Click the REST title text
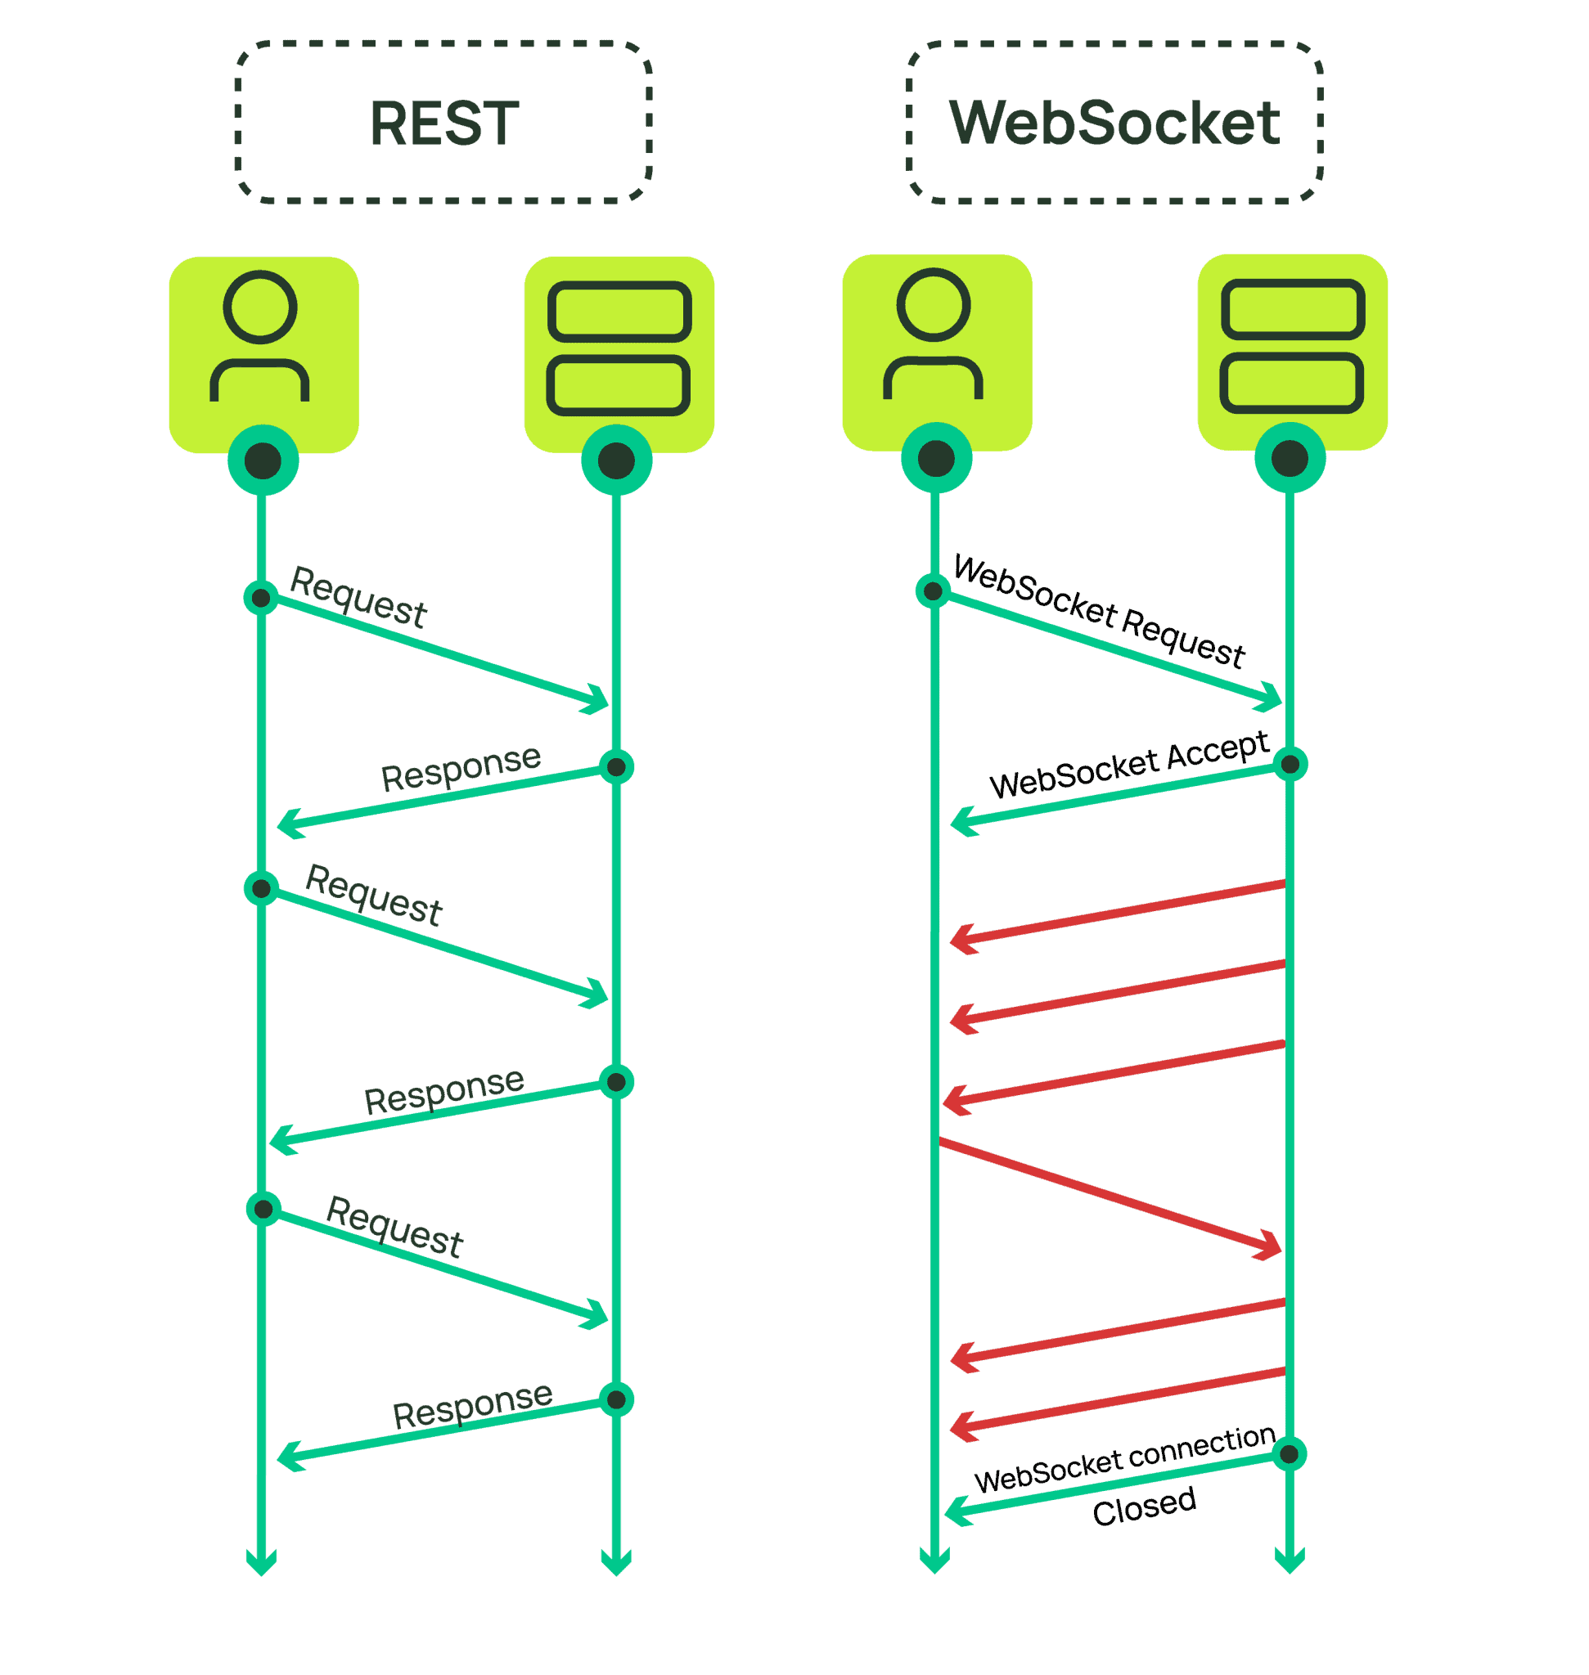tap(443, 123)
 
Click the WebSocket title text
tap(1114, 122)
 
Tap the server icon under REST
tap(619, 348)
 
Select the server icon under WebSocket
tap(1293, 345)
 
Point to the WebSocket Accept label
tap(1129, 765)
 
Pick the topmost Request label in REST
tap(358, 597)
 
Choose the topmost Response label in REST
tap(460, 768)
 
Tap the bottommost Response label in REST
tap(472, 1406)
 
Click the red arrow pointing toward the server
tap(1110, 1196)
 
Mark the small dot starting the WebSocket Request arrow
tap(933, 591)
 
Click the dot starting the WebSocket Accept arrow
tap(1290, 765)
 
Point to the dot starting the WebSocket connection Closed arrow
tap(1290, 1454)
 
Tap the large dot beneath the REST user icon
tap(263, 460)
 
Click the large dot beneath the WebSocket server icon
tap(1290, 458)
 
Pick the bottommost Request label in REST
tap(394, 1227)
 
